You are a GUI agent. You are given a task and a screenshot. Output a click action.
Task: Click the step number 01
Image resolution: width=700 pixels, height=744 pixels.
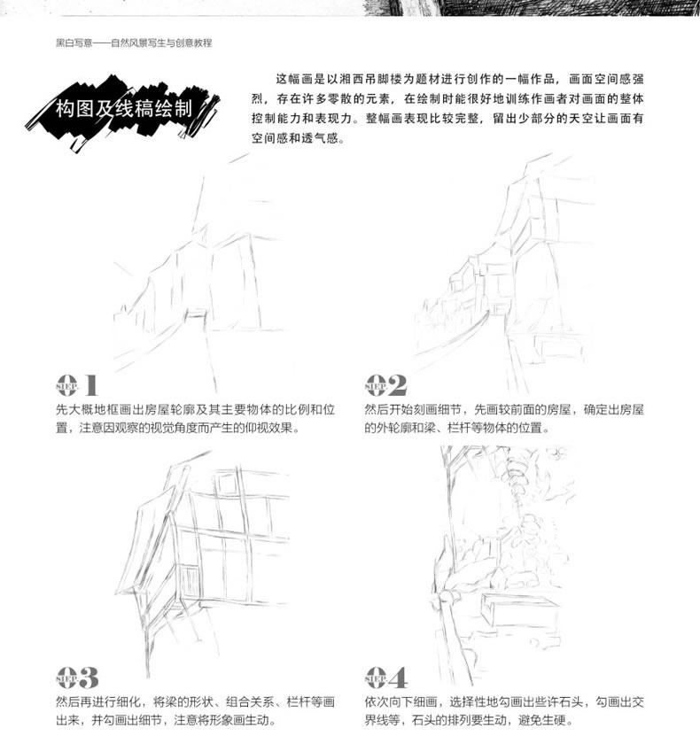tap(76, 384)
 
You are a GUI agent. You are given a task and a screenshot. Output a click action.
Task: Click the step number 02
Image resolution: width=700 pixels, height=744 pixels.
tap(385, 384)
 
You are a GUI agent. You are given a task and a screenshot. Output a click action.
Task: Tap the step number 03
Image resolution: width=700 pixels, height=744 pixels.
tap(77, 677)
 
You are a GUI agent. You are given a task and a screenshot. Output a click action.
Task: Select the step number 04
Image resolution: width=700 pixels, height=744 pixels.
tap(385, 677)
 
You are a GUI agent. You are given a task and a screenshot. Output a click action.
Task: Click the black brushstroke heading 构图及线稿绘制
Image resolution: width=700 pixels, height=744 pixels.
tap(123, 110)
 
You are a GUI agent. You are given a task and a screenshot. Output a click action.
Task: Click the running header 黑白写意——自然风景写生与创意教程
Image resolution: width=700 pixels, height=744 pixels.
tap(134, 43)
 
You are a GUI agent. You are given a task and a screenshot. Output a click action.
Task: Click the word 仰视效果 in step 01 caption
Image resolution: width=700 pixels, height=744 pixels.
tap(276, 428)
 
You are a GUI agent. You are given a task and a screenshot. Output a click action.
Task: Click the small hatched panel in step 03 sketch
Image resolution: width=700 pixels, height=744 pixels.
tap(188, 580)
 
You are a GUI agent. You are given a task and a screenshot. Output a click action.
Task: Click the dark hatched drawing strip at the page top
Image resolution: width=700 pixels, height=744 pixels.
tap(532, 8)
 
